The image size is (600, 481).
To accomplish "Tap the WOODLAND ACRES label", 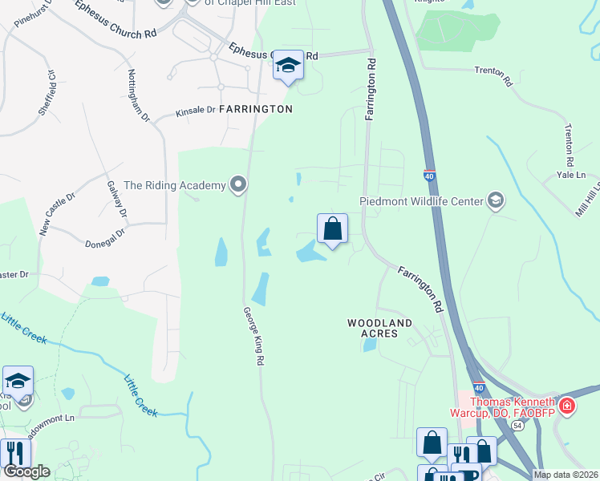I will pos(379,329).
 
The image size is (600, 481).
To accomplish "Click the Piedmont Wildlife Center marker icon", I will pos(496,200).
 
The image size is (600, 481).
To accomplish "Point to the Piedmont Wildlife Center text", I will pos(421,201).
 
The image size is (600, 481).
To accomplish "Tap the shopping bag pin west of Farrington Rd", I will pos(332,230).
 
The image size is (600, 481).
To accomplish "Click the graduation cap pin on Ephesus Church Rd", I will pos(288,66).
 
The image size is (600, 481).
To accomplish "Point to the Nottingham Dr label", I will pos(139,95).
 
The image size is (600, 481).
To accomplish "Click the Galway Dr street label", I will pos(117,199).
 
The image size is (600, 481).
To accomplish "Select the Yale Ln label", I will pos(571,175).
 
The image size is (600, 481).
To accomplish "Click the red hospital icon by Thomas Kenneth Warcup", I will pos(566,406).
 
